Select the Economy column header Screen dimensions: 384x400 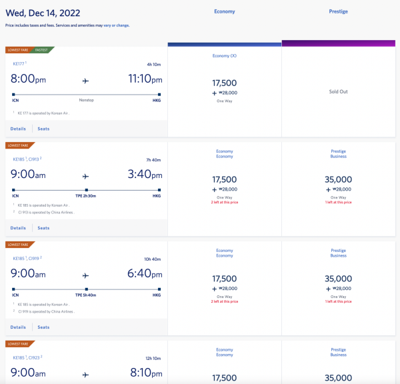click(x=224, y=11)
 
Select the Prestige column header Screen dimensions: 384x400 click(x=339, y=11)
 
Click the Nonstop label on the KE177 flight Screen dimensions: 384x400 click(x=86, y=101)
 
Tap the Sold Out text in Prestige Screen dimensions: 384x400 click(x=339, y=91)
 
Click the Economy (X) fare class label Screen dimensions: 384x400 click(x=224, y=55)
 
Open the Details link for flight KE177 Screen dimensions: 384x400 click(x=19, y=129)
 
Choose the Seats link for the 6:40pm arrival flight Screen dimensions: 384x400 click(x=43, y=327)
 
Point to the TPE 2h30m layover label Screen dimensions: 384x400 click(x=86, y=196)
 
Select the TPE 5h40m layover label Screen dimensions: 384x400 click(x=86, y=295)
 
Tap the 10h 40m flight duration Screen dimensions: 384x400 click(x=153, y=259)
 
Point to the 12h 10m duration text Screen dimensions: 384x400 click(x=153, y=358)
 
